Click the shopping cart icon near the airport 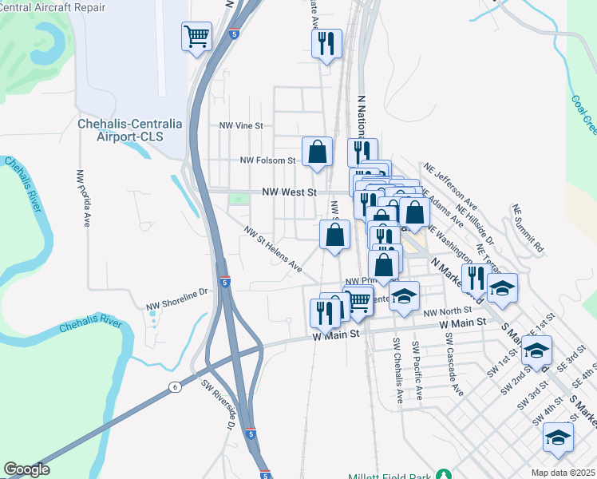[196, 36]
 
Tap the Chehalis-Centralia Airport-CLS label [129, 130]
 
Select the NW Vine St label [241, 125]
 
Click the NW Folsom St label [268, 160]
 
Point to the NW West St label [290, 192]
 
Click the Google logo [26, 469]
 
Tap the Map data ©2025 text [563, 473]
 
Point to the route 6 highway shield [174, 386]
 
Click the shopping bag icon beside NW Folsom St [317, 151]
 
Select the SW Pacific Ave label [417, 370]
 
